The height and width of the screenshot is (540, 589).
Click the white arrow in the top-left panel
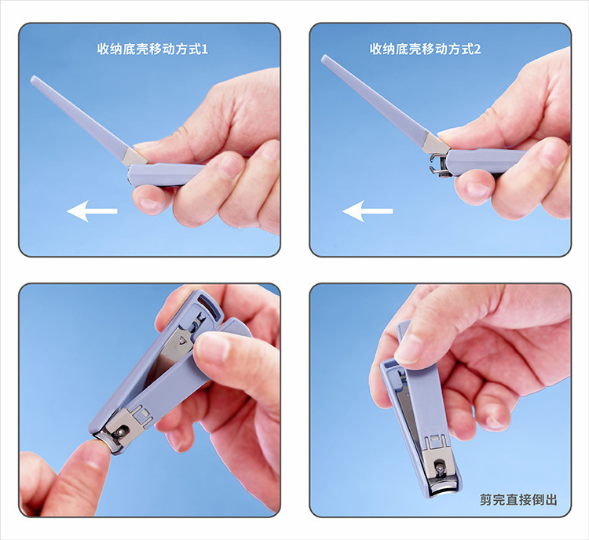[92, 211]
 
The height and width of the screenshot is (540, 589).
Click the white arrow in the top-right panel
[368, 211]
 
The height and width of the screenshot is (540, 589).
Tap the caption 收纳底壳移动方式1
[152, 49]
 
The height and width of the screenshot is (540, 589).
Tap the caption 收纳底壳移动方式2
[425, 49]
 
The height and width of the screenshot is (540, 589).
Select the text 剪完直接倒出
[518, 500]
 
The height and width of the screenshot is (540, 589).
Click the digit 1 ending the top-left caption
[205, 49]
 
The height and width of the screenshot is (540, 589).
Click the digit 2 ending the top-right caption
[477, 49]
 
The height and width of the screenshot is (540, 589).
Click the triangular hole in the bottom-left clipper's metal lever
[182, 341]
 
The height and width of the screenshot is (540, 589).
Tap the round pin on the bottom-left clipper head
[120, 432]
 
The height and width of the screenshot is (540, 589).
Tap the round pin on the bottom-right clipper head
[439, 468]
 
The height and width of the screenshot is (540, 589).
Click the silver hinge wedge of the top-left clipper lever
[134, 157]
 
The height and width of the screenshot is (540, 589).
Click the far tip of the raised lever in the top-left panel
[33, 78]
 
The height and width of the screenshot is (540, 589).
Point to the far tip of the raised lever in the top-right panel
[324, 57]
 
